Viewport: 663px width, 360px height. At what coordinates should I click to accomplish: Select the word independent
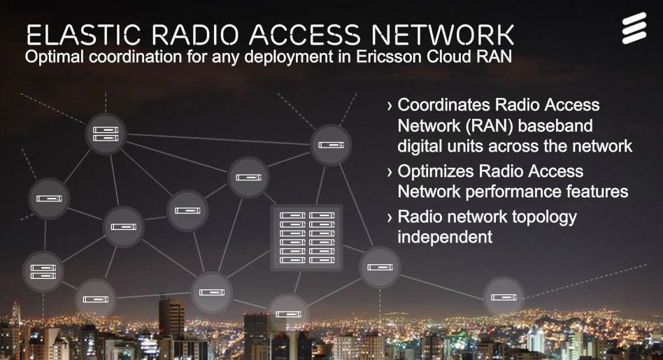445,237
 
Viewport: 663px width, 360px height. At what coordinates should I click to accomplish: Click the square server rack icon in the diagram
306,237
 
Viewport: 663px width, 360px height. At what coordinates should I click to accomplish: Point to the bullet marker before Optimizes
390,172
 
